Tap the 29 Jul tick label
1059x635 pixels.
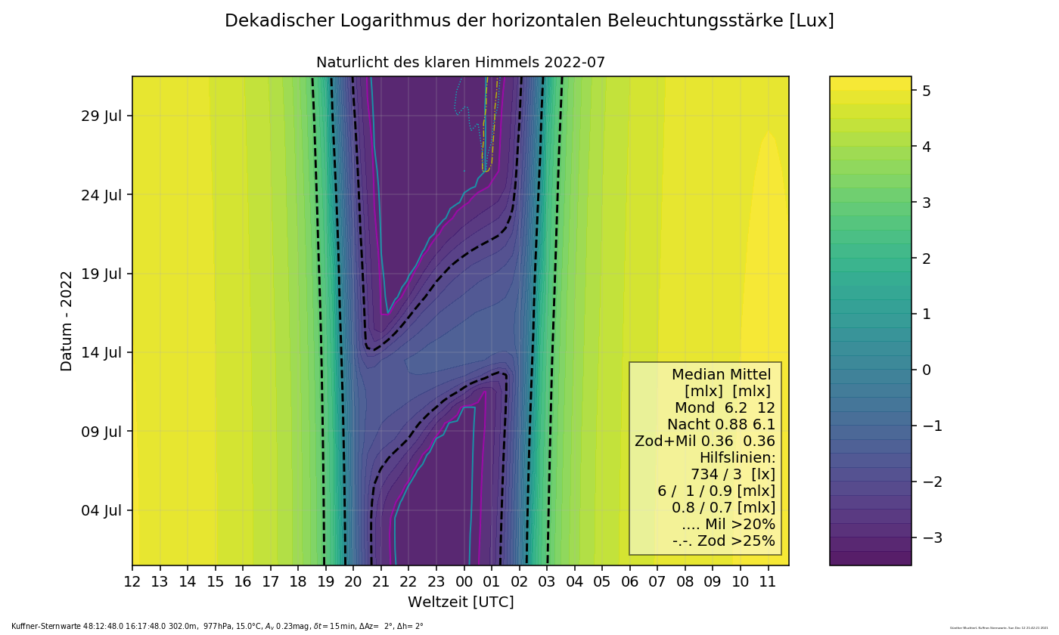point(102,116)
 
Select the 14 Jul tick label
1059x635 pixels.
point(102,352)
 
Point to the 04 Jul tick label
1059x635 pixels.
point(102,510)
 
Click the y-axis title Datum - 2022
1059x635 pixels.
point(67,321)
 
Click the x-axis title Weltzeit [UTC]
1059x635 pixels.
point(461,602)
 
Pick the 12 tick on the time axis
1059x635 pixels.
point(132,582)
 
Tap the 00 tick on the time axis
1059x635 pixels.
point(464,582)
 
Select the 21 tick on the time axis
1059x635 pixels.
point(381,582)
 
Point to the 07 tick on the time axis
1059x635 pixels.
point(657,582)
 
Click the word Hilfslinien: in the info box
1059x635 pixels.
point(737,458)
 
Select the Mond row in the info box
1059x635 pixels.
point(722,408)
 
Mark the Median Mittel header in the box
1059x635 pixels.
point(721,375)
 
